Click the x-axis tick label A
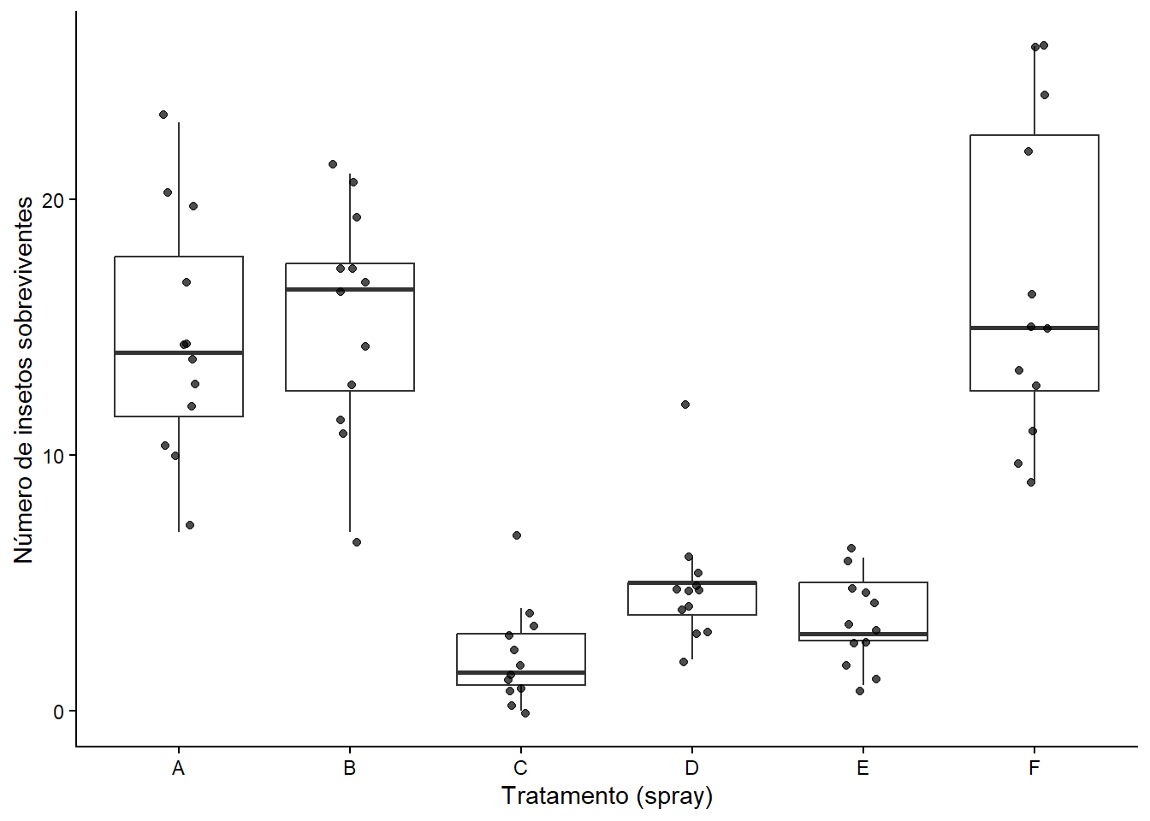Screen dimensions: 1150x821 coord(178,768)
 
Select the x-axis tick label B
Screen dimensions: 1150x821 coord(350,768)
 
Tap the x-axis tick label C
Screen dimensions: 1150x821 coord(520,768)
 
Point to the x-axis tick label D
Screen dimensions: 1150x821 coord(691,768)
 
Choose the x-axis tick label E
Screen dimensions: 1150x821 coord(863,768)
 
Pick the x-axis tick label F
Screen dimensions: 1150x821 coord(1034,768)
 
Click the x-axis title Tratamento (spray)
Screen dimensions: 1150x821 coord(607,796)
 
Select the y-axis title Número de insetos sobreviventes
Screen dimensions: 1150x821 coord(23,380)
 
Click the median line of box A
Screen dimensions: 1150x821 coord(179,352)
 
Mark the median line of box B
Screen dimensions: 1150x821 coord(350,289)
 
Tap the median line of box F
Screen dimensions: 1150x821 coord(1034,328)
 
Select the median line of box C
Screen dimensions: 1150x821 coord(520,672)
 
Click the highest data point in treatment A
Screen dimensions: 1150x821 coord(163,115)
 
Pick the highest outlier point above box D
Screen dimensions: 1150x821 coord(685,405)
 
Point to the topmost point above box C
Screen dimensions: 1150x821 coord(517,535)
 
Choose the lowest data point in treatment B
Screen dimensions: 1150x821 coord(357,542)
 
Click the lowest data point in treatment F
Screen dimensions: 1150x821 coord(1031,482)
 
